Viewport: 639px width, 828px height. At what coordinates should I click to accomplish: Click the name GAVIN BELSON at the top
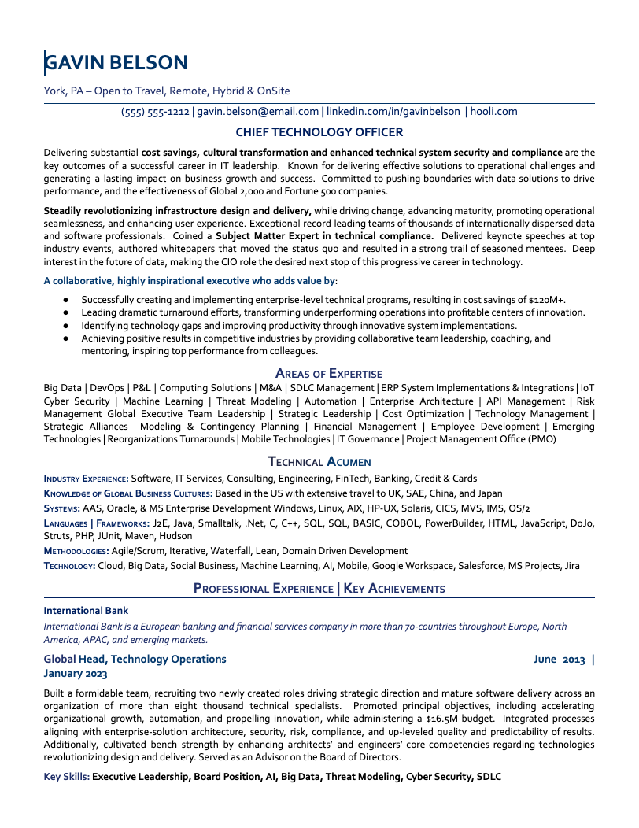(116, 62)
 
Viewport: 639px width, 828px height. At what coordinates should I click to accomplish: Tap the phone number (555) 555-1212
(155, 112)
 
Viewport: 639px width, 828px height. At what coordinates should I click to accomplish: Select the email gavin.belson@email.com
(258, 112)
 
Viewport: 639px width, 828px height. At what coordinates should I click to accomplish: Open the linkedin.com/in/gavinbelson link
(393, 112)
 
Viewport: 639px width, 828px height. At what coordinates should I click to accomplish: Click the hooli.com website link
(495, 112)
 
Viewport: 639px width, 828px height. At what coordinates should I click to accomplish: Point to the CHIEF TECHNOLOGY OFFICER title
(319, 132)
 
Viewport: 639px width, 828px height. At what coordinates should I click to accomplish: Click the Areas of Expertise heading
(329, 373)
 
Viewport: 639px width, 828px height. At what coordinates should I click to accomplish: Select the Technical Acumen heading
(319, 462)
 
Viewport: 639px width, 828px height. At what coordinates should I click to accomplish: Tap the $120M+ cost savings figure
(547, 300)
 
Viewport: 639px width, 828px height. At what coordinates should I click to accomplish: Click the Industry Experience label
(86, 479)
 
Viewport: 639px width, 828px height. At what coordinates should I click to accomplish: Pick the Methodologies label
(76, 551)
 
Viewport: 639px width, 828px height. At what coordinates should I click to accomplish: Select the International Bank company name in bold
(86, 610)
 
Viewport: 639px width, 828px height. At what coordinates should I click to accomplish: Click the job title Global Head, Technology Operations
(135, 659)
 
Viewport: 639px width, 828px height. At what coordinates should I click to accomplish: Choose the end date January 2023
(76, 674)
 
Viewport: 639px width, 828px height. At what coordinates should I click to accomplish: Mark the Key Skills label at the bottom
(66, 777)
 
